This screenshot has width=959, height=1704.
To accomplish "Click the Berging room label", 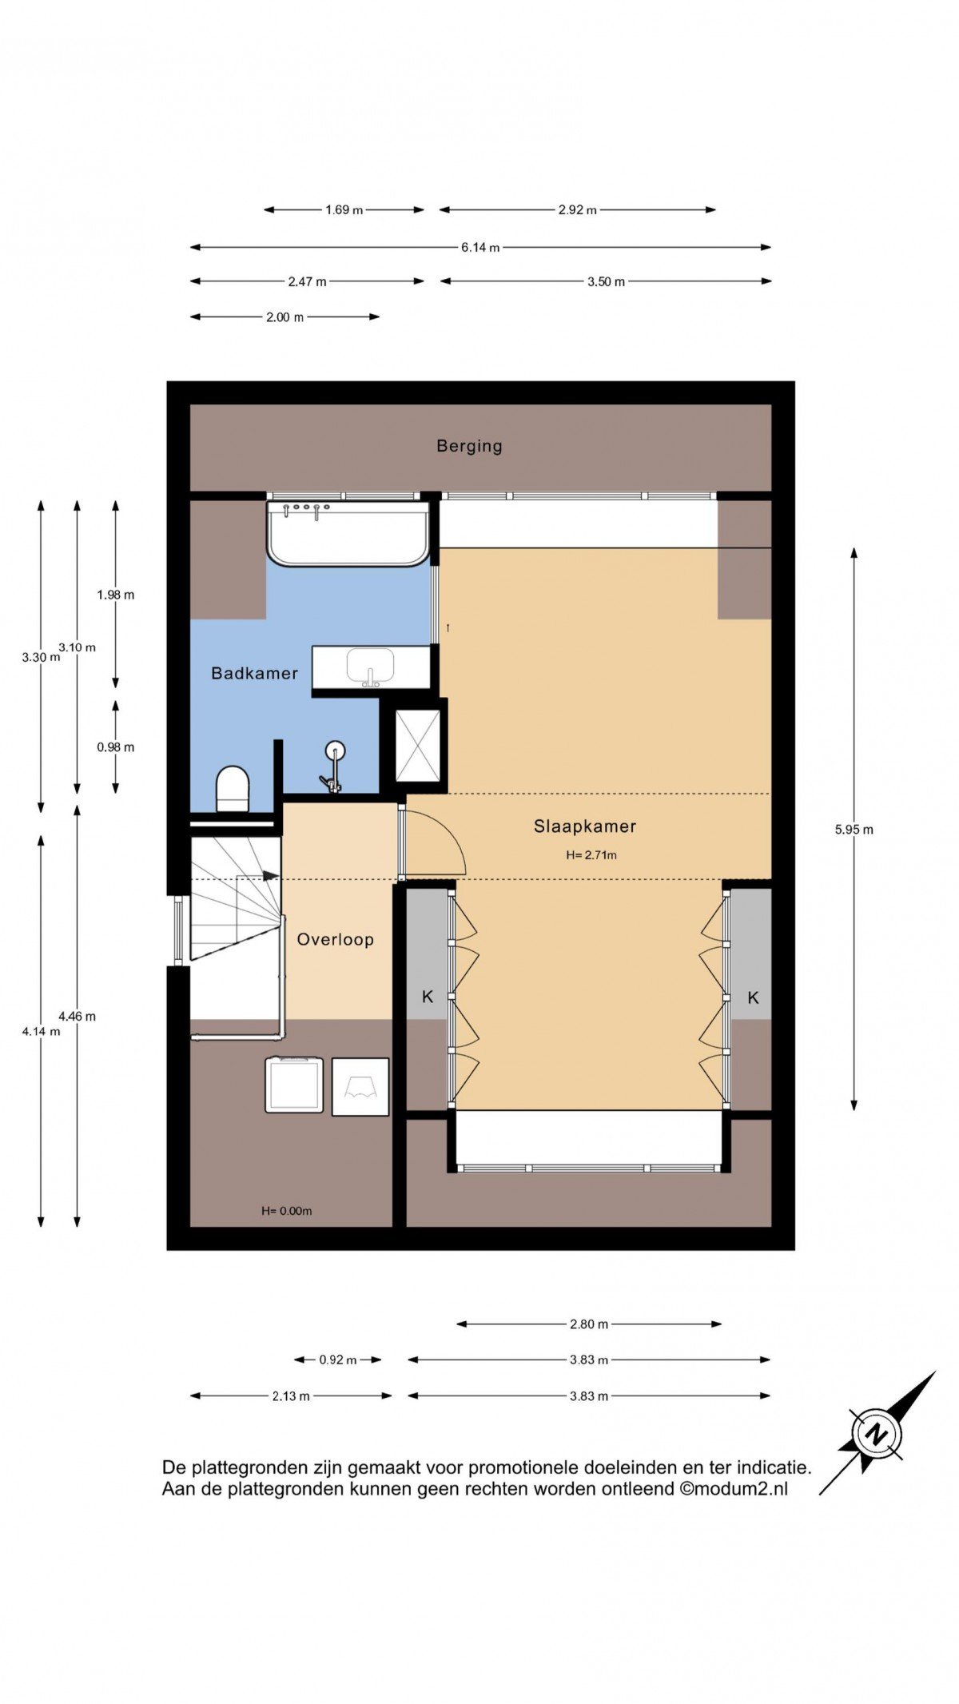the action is pos(469,446).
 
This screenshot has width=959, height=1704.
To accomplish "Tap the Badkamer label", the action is pos(254,673).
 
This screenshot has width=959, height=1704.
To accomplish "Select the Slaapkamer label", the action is pos(585,826).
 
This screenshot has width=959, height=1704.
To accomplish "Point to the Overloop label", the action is pos(336,939).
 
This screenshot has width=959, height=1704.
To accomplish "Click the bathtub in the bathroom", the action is pos(348,533).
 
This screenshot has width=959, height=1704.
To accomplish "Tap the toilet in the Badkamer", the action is pos(233,789).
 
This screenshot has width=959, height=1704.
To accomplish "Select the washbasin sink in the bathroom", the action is pos(370,667).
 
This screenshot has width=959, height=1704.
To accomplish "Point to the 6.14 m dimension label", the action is pos(480,248).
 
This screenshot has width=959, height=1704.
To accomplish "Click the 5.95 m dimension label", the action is pos(854,830).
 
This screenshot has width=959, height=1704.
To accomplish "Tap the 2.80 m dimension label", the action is pos(589,1324).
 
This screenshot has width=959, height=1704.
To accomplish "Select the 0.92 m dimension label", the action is pos(338,1360).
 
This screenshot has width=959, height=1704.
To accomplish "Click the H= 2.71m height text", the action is pos(591,854).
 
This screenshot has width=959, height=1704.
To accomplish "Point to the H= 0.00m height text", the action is pos(287,1211).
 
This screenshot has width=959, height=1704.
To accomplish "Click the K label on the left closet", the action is pos(428,997).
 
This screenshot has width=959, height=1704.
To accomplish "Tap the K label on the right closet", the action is pos(753,997).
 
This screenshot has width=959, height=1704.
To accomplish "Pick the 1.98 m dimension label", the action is pos(116,595).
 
